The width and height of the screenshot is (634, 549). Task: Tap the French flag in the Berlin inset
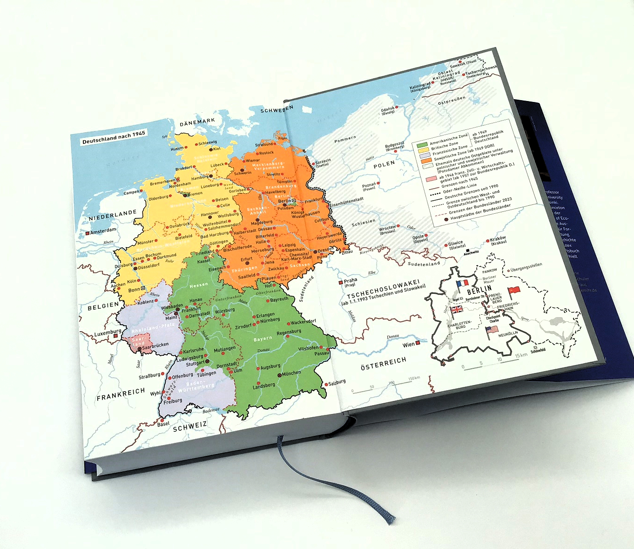(462, 284)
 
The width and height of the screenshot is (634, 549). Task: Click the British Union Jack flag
(457, 310)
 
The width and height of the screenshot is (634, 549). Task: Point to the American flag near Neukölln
(492, 331)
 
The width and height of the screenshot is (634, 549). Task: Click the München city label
(291, 373)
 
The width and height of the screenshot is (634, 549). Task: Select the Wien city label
(409, 345)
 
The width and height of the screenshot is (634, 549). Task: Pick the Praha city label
(350, 281)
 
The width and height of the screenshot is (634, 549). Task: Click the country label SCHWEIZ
(189, 426)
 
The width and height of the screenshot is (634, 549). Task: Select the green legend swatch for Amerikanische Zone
(422, 145)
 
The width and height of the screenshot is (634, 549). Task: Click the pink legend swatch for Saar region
(431, 179)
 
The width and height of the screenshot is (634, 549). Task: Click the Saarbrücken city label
(155, 346)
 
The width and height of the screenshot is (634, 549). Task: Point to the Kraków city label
(498, 239)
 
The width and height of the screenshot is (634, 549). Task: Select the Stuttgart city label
(195, 363)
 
